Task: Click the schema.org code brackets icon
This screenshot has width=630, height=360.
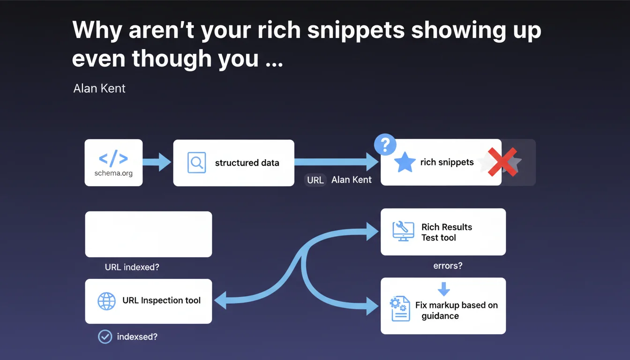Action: click(113, 158)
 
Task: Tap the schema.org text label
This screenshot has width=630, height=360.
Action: click(113, 173)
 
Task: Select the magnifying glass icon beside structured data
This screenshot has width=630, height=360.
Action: click(196, 162)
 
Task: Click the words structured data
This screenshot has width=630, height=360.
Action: click(247, 163)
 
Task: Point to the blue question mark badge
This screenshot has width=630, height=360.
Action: click(385, 144)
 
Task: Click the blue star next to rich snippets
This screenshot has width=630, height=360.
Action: click(405, 162)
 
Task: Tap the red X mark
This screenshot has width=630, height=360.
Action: click(502, 162)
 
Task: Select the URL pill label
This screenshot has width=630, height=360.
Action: click(315, 180)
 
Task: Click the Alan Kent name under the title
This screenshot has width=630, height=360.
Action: click(99, 88)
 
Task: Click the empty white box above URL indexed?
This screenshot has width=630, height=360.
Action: click(149, 234)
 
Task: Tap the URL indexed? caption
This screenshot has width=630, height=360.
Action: click(132, 267)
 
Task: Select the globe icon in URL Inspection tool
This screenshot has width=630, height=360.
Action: click(106, 301)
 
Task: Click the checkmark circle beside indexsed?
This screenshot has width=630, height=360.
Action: click(105, 337)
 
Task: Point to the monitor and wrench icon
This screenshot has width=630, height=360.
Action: click(403, 231)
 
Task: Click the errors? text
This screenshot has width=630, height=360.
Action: click(448, 265)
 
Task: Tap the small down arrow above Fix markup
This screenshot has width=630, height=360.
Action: click(444, 289)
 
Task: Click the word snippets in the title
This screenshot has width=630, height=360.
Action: click(356, 30)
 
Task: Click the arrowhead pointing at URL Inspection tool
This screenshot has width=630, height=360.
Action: click(220, 300)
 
